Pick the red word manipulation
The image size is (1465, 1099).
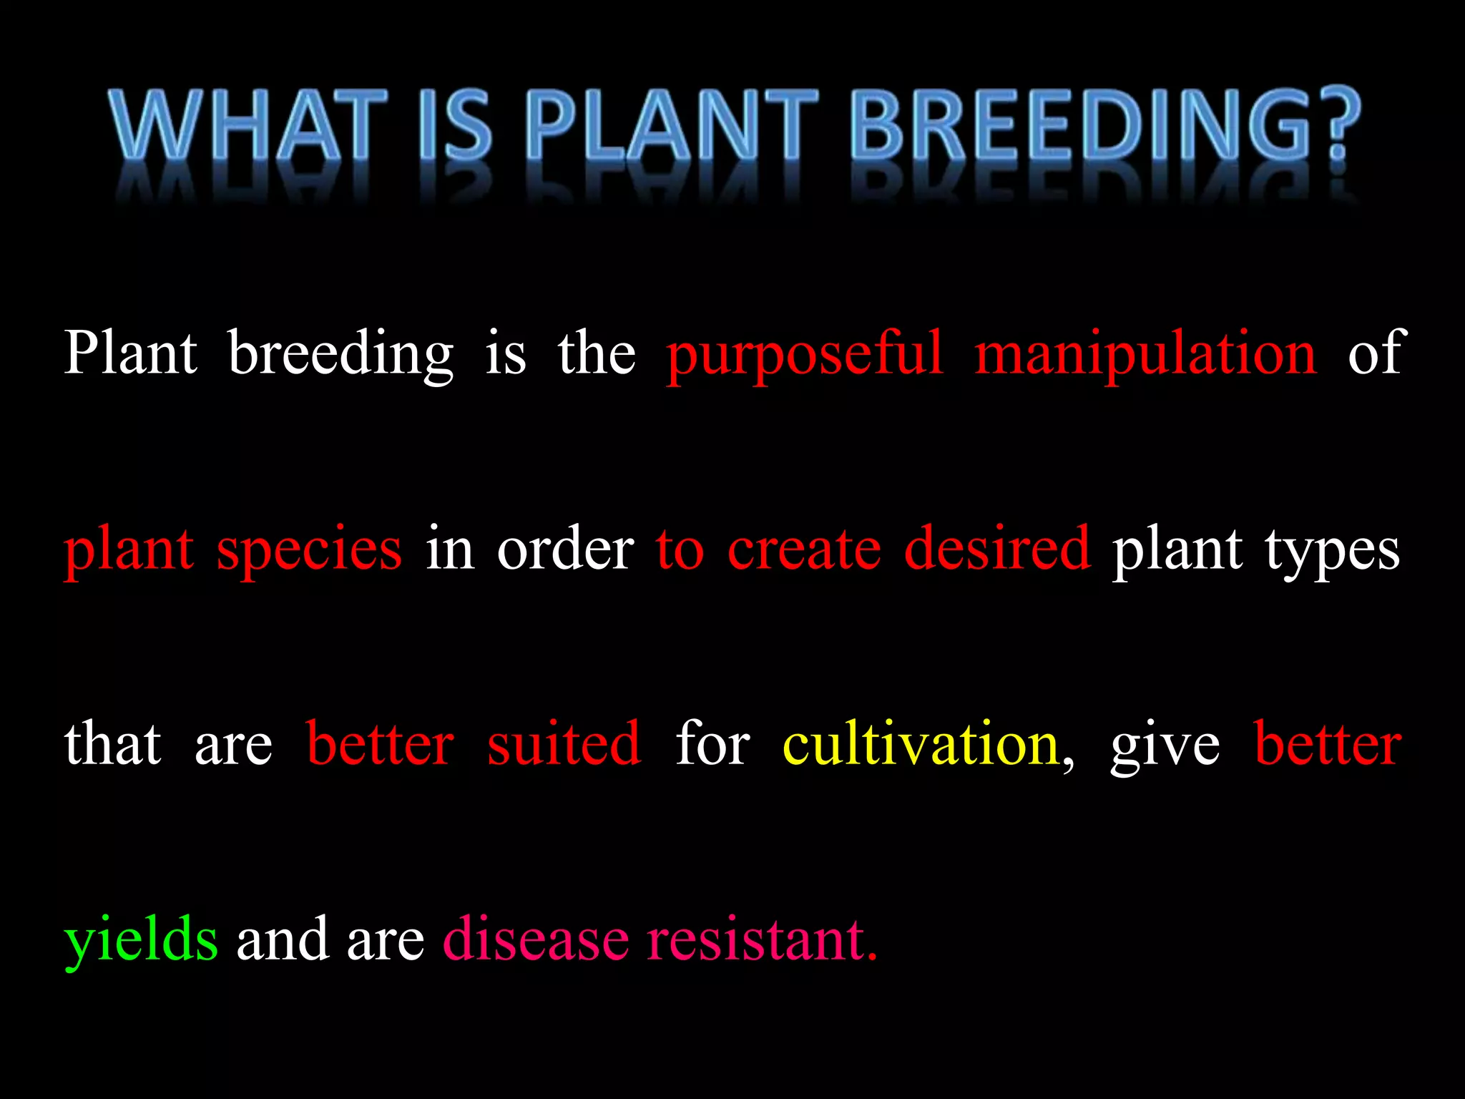(1145, 353)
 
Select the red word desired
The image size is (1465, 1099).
(997, 548)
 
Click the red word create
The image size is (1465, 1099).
(804, 549)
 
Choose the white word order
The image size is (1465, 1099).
(565, 549)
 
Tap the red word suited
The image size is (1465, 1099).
(564, 744)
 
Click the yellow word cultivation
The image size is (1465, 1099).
(920, 744)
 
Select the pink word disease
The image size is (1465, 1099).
(536, 939)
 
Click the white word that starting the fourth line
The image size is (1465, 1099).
(112, 744)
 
